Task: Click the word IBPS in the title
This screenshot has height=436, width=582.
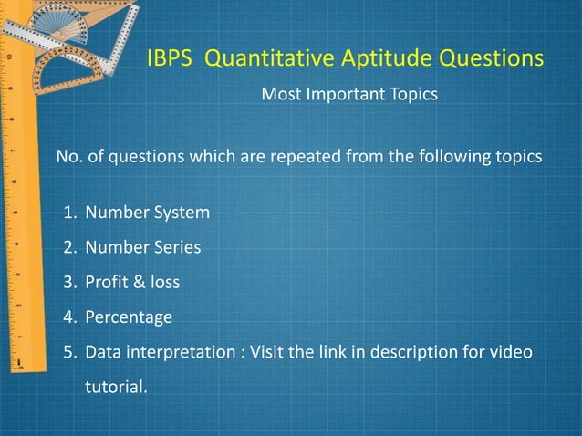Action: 171,59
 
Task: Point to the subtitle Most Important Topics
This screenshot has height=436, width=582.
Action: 349,95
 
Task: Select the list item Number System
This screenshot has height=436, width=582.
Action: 147,213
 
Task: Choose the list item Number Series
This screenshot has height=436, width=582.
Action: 142,248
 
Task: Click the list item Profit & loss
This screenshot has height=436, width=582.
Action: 132,283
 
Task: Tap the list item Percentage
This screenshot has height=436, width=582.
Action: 128,317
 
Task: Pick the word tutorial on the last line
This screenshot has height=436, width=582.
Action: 114,387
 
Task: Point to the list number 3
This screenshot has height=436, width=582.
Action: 68,283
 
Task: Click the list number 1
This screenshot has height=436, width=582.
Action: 68,213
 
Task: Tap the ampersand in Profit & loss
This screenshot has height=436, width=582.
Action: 138,283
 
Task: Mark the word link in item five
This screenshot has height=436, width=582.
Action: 342,352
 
